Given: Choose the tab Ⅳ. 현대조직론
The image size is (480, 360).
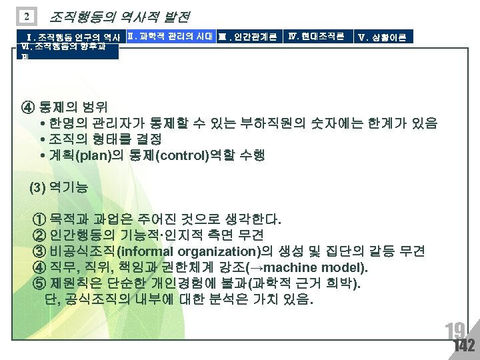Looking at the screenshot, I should (317, 36).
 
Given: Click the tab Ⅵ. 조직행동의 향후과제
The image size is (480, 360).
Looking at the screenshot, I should (69, 50).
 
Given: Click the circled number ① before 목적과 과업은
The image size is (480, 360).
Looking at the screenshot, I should (39, 219).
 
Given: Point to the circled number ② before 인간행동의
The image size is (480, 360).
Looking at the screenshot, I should (39, 235).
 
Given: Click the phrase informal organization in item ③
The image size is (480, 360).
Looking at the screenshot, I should (191, 251).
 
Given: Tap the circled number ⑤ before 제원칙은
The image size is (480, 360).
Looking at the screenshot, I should (39, 284).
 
